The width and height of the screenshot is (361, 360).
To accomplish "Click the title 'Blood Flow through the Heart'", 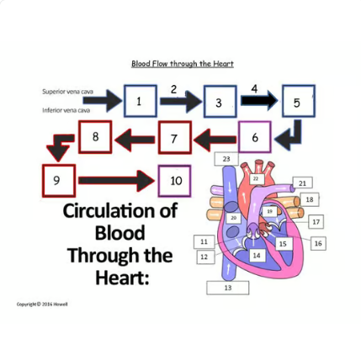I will (x=182, y=64).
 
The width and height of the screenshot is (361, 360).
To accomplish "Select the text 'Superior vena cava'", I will (x=68, y=92).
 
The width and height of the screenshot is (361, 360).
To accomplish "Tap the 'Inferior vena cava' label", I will (x=66, y=109).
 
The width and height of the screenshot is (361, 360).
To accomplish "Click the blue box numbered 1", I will (x=140, y=101).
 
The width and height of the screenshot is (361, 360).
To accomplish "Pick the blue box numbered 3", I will (x=220, y=102).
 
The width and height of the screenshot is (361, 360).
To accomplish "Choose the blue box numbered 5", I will (x=297, y=102).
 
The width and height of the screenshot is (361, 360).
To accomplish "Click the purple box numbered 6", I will (x=254, y=137).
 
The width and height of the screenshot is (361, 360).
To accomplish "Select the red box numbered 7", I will (x=174, y=138).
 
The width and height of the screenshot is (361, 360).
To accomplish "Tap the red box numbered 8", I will (x=95, y=136).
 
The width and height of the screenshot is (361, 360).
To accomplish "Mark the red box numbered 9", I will (x=57, y=180).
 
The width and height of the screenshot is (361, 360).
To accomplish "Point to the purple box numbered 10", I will (x=174, y=180).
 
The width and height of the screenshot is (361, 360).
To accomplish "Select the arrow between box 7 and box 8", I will (x=135, y=138).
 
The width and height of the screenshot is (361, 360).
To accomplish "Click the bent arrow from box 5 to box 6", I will (x=289, y=134).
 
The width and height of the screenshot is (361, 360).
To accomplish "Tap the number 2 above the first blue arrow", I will (x=173, y=88).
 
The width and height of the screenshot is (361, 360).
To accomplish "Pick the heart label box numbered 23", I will (x=226, y=158).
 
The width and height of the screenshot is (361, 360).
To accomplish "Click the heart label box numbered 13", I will (x=228, y=288).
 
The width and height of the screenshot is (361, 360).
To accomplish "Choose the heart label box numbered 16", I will (x=318, y=243).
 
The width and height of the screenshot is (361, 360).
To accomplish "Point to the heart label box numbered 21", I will (x=302, y=183).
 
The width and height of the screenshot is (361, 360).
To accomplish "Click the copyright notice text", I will (x=42, y=304).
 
